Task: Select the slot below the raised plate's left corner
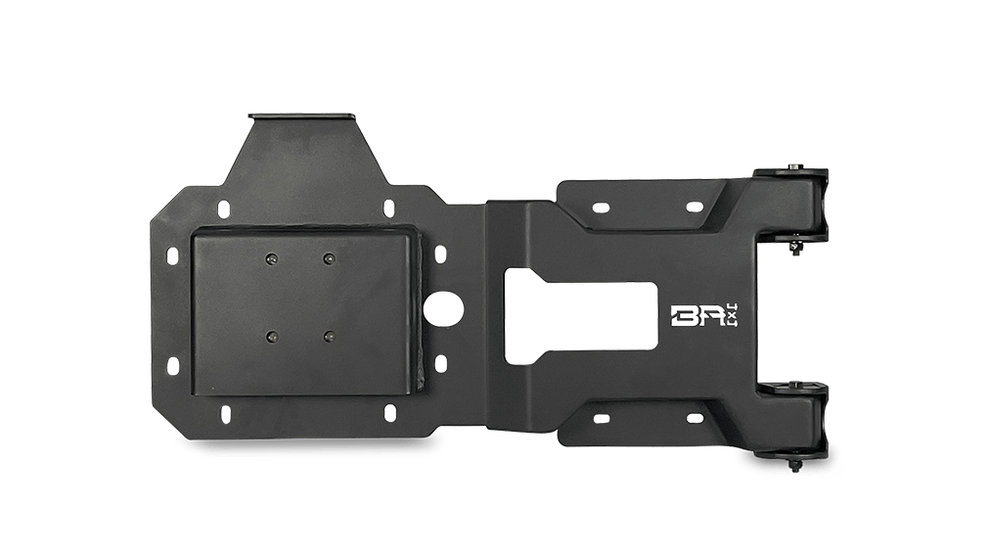pyautogui.click(x=224, y=412)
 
